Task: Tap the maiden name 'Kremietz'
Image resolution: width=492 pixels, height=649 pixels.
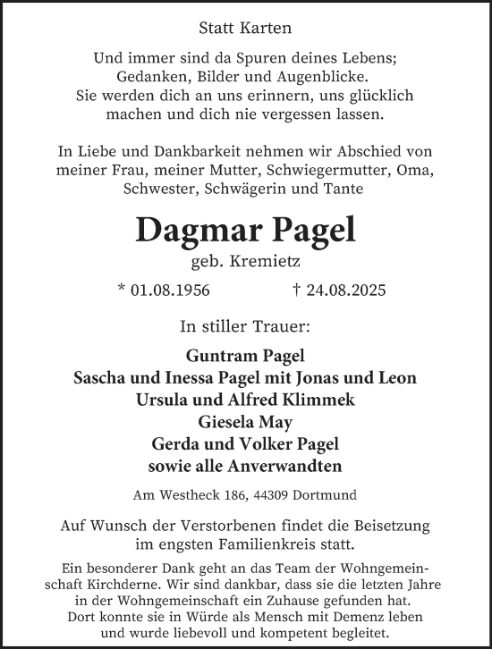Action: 267,264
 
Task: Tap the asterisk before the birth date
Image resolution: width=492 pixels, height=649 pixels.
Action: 122,290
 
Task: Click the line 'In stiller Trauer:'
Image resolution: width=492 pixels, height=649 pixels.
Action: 245,324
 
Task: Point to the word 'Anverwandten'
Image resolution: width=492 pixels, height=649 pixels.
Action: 293,465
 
